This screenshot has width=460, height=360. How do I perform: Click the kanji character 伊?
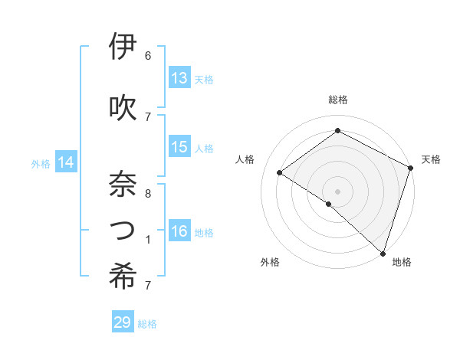tap(123, 47)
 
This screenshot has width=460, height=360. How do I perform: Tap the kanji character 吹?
tap(123, 106)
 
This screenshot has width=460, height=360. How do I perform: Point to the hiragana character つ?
tap(123, 229)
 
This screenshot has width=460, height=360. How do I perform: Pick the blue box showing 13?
tap(179, 78)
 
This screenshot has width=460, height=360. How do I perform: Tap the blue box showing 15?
tap(179, 147)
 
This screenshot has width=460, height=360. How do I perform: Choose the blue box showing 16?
tap(179, 231)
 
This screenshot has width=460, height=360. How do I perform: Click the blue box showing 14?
tap(66, 162)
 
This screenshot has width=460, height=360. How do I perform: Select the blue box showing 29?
tap(123, 322)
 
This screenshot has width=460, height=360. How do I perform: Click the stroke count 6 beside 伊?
tap(148, 56)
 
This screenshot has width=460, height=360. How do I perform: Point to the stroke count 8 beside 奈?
tap(148, 193)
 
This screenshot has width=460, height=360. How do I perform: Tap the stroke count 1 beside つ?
tap(148, 239)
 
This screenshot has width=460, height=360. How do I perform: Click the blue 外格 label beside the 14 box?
tap(41, 163)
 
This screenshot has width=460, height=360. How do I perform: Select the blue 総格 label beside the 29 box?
tap(148, 324)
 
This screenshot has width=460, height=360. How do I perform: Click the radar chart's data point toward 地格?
tap(383, 253)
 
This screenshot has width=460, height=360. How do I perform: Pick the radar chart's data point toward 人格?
tap(280, 172)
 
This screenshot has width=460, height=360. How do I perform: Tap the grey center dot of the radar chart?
tap(337, 191)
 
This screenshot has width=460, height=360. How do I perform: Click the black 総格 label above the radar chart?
tap(337, 100)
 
